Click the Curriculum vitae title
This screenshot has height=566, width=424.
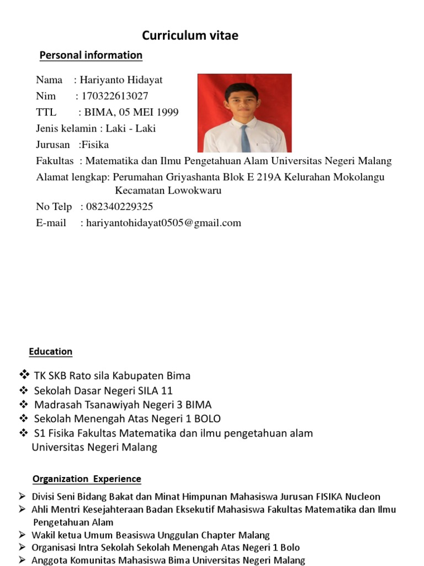click(190, 36)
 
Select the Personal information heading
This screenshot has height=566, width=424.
click(91, 55)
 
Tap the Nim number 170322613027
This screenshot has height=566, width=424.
click(115, 96)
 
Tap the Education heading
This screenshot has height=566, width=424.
click(51, 352)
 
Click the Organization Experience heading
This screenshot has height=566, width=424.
click(87, 479)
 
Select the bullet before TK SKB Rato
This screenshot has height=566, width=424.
click(23, 375)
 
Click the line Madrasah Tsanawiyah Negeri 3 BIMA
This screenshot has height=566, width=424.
click(123, 405)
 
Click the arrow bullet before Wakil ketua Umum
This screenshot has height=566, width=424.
click(22, 534)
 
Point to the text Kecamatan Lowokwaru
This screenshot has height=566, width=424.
click(168, 191)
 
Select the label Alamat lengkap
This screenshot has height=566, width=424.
click(72, 177)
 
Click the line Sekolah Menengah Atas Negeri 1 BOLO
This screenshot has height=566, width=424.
click(127, 418)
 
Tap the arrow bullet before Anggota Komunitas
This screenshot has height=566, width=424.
click(22, 560)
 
